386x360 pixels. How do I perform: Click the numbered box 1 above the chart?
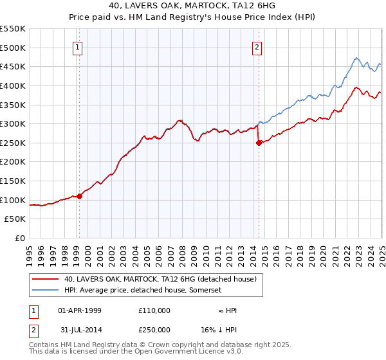78,46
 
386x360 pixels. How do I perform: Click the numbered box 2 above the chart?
257,46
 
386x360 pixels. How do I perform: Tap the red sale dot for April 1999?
79,196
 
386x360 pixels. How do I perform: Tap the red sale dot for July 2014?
259,143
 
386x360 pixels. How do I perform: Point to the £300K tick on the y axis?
13,123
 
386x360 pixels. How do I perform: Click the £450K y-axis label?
13,66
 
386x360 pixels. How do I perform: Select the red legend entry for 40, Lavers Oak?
160,278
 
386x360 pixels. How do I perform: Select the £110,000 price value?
154,310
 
